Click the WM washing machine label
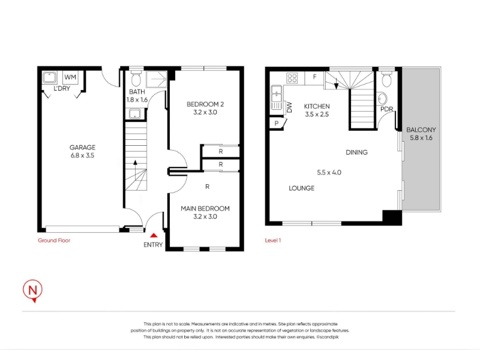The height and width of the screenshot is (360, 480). (x=70, y=77)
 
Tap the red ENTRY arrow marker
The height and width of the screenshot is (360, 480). (x=154, y=235)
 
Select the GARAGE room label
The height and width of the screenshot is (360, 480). (x=82, y=147)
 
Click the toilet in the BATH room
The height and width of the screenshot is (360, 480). (x=136, y=79)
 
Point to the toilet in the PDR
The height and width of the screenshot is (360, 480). (x=387, y=79)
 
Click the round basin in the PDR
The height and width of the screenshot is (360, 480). (x=382, y=99)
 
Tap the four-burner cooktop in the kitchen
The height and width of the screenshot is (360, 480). (x=292, y=78)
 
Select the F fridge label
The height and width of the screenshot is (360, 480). (x=314, y=77)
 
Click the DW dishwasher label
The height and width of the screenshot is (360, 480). (x=289, y=107)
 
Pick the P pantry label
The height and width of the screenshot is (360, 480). (x=277, y=124)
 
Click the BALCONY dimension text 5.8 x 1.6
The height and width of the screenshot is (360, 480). (x=421, y=138)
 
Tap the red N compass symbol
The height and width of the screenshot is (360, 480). (x=33, y=290)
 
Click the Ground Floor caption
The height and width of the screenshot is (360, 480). (x=54, y=241)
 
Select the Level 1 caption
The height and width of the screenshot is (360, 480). (x=273, y=241)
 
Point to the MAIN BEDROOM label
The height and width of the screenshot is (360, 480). (x=205, y=208)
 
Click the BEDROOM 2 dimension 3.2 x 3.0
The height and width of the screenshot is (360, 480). (x=205, y=112)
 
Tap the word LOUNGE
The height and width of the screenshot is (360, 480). (x=302, y=188)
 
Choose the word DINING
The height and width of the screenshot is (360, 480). (x=356, y=152)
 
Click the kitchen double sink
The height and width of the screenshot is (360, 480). (x=277, y=97)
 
